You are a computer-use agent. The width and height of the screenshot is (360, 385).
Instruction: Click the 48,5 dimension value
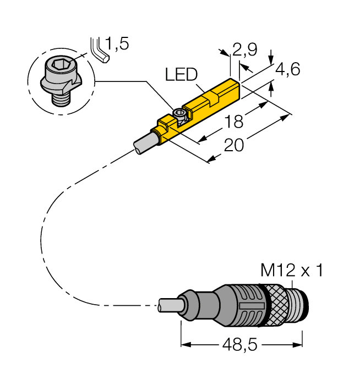(241, 346)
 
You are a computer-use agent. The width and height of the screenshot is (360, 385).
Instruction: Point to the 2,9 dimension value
(244, 51)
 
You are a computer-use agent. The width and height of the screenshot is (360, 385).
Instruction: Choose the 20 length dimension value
(233, 146)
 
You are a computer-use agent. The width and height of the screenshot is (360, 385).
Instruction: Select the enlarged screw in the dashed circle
(61, 80)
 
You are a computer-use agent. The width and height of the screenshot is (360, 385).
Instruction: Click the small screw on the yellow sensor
(179, 114)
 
